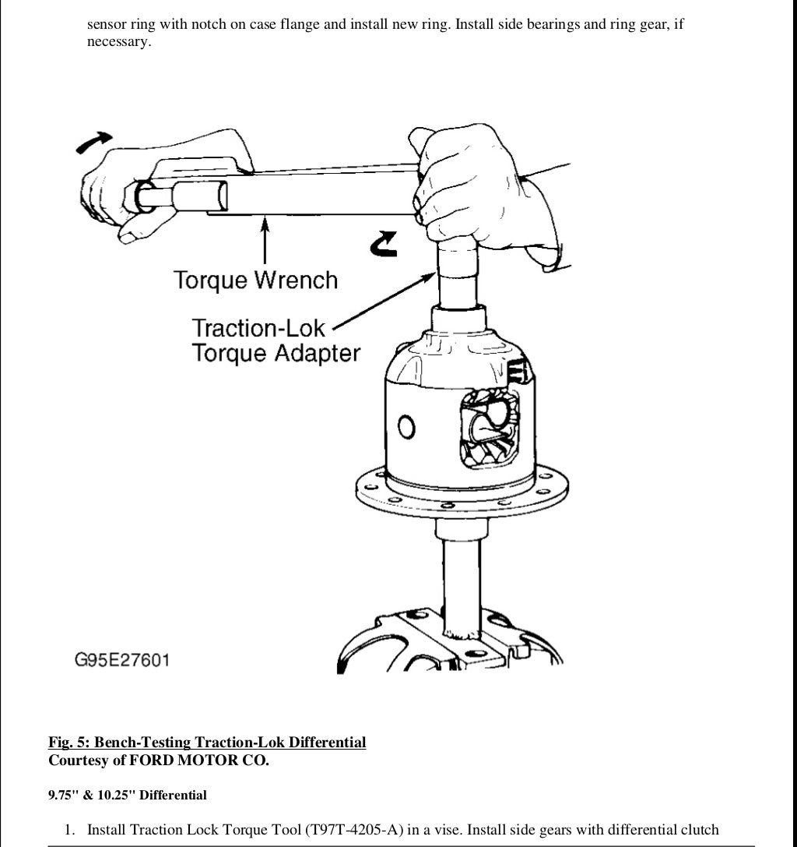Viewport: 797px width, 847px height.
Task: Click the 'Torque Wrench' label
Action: click(255, 280)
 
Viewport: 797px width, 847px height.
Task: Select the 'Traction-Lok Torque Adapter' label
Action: click(276, 341)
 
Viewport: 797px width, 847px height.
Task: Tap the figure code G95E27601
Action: click(122, 660)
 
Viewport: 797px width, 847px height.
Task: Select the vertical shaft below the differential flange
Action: click(459, 577)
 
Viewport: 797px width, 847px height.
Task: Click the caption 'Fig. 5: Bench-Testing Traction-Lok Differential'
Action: click(207, 742)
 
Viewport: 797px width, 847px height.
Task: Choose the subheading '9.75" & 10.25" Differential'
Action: click(128, 796)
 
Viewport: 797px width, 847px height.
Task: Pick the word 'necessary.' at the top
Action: click(118, 42)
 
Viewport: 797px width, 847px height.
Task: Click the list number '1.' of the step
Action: click(70, 830)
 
